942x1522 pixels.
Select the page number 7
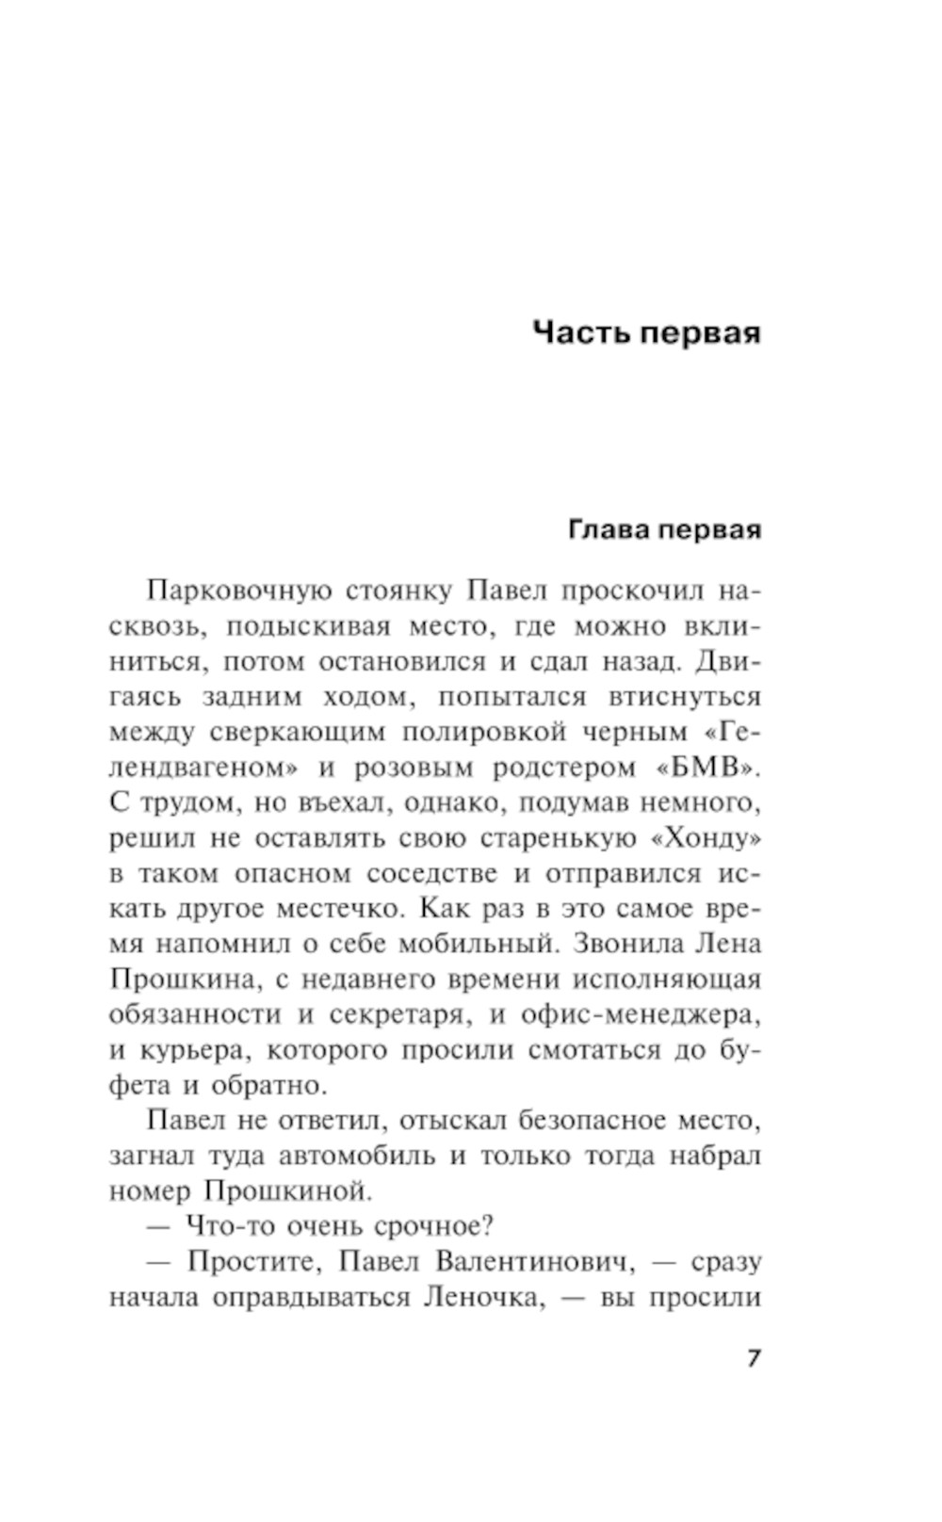(x=753, y=1359)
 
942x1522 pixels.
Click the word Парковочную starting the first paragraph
(x=239, y=591)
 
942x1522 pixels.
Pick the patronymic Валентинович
(x=530, y=1262)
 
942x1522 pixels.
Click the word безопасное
(x=582, y=1121)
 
